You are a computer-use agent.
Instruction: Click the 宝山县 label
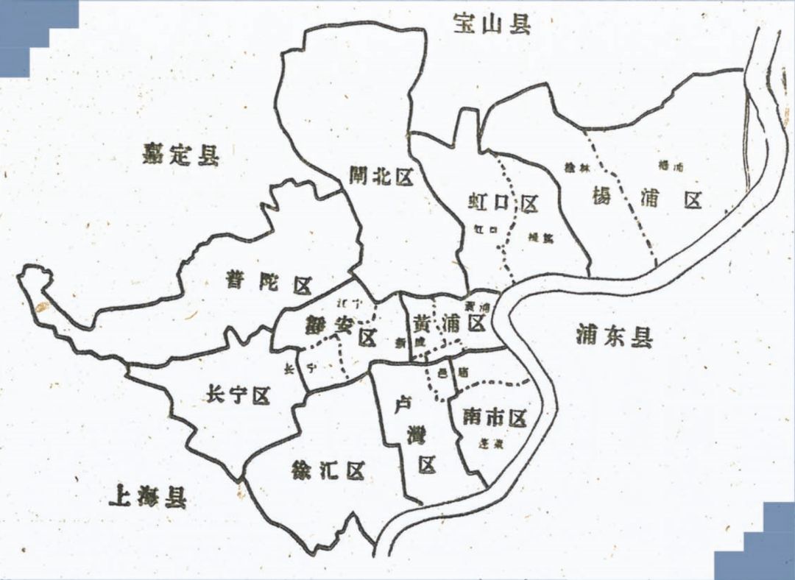pyautogui.click(x=492, y=24)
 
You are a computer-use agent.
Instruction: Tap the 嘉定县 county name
pyautogui.click(x=180, y=155)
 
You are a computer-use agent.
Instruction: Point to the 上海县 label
pyautogui.click(x=147, y=498)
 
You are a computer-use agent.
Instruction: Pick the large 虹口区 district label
pyautogui.click(x=504, y=202)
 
